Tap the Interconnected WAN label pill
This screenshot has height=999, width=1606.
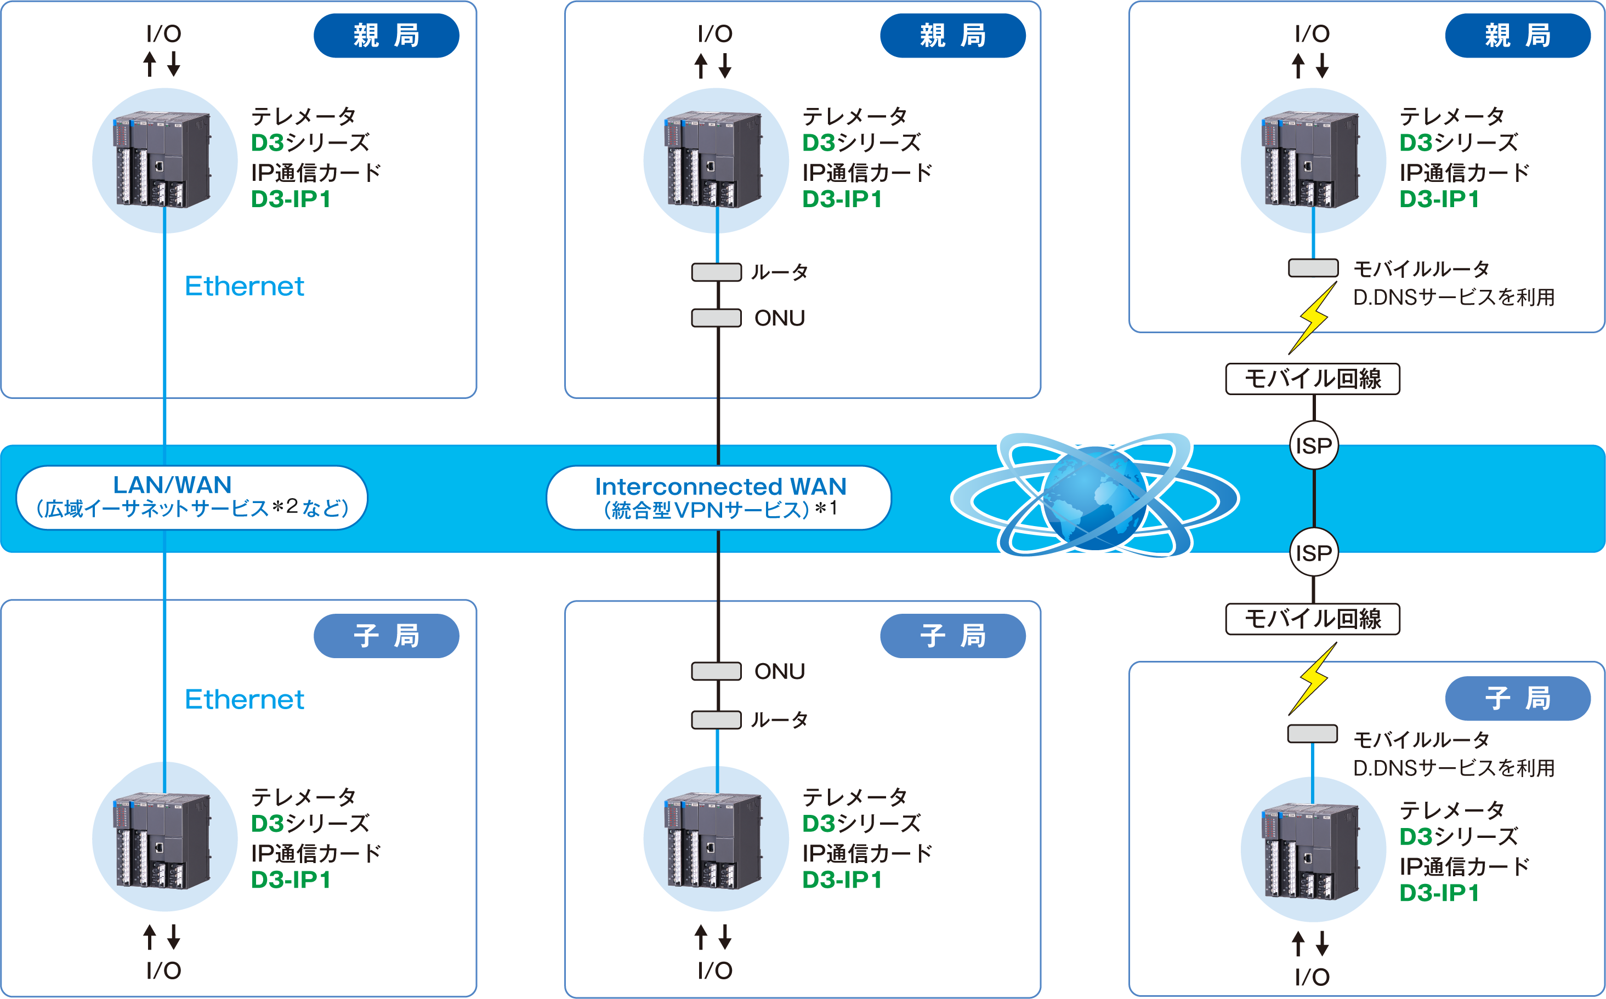click(x=718, y=498)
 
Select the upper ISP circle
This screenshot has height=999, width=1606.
click(x=1313, y=446)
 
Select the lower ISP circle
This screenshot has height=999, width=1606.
click(x=1313, y=552)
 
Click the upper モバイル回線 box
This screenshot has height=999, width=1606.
click(x=1313, y=379)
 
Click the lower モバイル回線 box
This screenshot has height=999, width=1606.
click(x=1313, y=619)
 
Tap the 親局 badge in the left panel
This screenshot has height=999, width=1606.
click(x=386, y=36)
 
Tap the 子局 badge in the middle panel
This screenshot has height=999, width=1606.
click(x=952, y=636)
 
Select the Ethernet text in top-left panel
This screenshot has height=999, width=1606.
click(x=244, y=286)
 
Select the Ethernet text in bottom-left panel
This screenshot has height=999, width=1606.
click(x=244, y=699)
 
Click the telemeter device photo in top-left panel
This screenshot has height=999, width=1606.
click(x=163, y=160)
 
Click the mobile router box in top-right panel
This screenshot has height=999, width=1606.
click(x=1313, y=267)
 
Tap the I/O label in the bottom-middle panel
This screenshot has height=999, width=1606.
click(x=714, y=970)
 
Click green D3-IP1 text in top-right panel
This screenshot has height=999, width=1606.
click(x=1439, y=199)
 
